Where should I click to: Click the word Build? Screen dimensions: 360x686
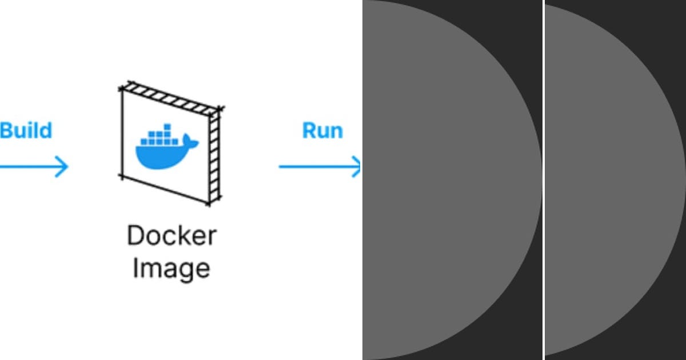click(x=26, y=130)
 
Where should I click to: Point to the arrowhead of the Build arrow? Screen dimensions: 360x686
click(x=63, y=167)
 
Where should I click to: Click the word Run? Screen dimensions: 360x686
click(x=322, y=130)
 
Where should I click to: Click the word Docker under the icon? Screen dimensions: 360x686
click(x=171, y=235)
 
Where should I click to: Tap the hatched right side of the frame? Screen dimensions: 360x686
click(x=214, y=154)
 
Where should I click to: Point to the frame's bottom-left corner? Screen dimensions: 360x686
click(x=122, y=176)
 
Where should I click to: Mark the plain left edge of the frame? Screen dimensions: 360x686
click(x=122, y=134)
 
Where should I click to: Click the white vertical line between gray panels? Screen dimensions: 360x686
click(x=544, y=180)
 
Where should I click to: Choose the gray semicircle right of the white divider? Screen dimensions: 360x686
click(x=612, y=180)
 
